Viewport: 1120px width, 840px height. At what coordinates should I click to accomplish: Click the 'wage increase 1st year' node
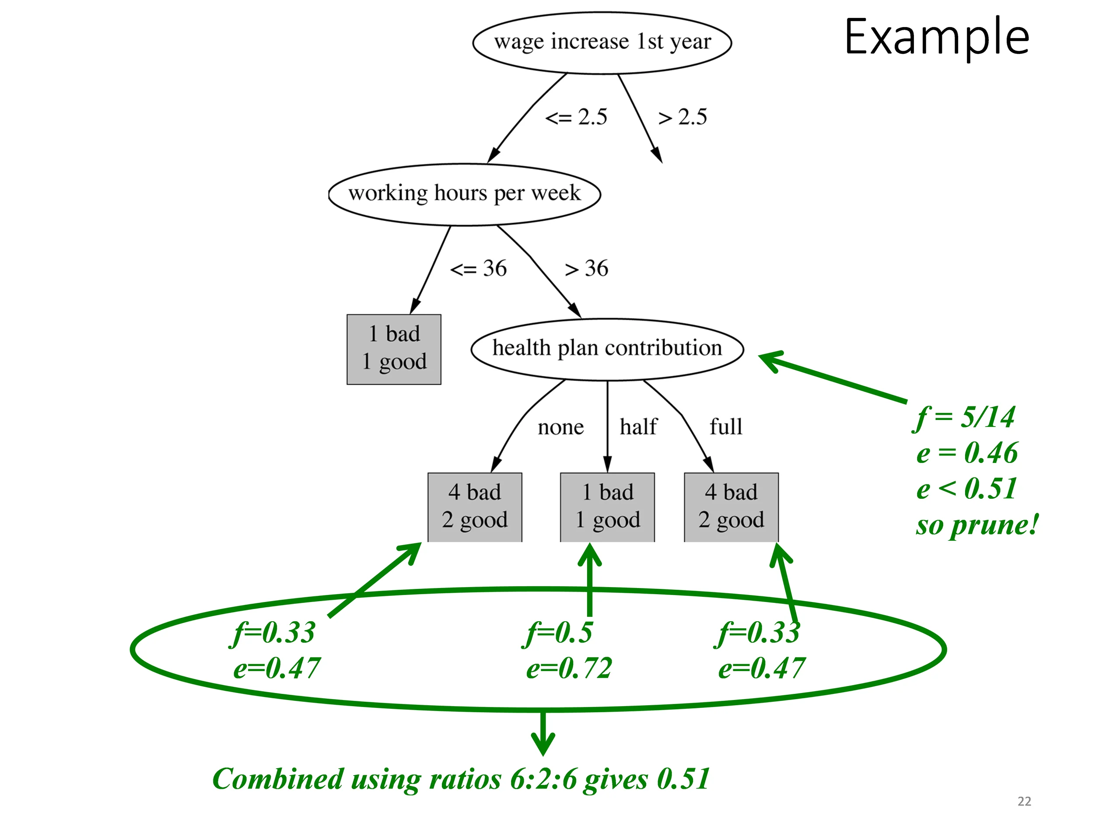(x=602, y=42)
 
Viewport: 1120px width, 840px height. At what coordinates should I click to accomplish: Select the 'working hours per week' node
(x=464, y=194)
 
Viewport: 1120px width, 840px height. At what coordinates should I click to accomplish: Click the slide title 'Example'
(x=937, y=36)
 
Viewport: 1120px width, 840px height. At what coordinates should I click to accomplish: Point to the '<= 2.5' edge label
(x=576, y=117)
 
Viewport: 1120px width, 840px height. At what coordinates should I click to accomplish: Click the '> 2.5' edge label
(x=682, y=117)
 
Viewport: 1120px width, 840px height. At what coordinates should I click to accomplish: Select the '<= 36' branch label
(x=479, y=268)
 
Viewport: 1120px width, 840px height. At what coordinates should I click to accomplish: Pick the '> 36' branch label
(x=587, y=268)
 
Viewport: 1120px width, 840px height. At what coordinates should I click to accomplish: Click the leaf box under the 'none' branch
(x=475, y=507)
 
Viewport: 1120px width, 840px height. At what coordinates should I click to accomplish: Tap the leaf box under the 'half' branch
(x=608, y=507)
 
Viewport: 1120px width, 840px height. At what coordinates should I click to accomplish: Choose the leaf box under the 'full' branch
(x=731, y=507)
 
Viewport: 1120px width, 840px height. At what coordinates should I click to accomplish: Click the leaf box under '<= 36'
(x=394, y=350)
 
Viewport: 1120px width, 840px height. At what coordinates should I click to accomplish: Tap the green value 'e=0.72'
(x=569, y=668)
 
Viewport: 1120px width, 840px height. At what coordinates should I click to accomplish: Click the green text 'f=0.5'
(x=558, y=633)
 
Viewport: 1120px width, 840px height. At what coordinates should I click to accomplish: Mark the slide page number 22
(x=1024, y=801)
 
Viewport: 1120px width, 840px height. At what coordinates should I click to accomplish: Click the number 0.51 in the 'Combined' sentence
(x=683, y=778)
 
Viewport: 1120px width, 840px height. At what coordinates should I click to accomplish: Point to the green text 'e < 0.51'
(x=966, y=489)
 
